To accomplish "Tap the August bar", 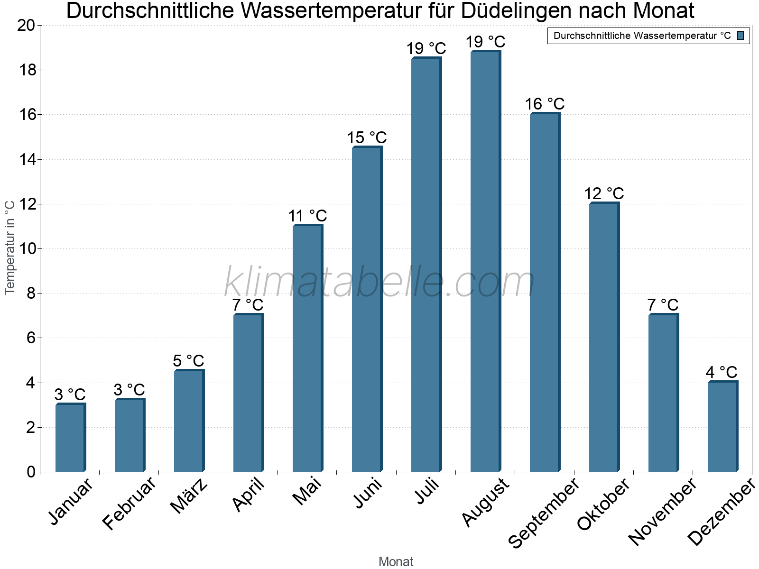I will tap(485, 261).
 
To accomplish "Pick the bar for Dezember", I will tap(722, 426).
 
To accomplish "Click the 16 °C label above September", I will tap(545, 104).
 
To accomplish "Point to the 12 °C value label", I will tap(604, 193).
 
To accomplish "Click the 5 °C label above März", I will tap(188, 361).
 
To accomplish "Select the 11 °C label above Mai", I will tap(307, 216).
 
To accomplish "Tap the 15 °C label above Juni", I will tap(367, 138).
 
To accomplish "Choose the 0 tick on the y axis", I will tap(31, 472).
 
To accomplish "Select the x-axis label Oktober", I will tap(603, 505).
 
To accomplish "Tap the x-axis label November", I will tap(662, 512).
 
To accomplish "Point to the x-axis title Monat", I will tap(396, 561).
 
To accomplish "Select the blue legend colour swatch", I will tap(740, 36).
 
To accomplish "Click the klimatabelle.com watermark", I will tap(379, 283).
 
